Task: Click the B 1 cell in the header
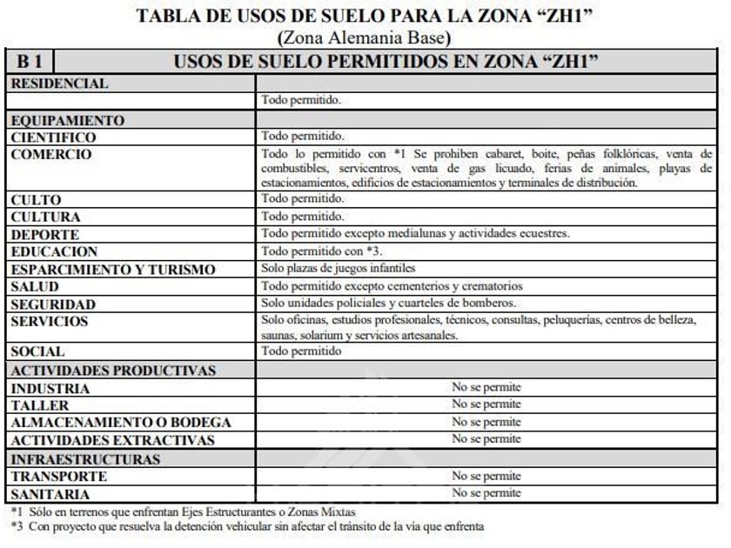pyautogui.click(x=30, y=62)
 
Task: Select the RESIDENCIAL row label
pyautogui.click(x=60, y=84)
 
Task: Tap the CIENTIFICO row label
pyautogui.click(x=54, y=137)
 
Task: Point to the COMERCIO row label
pyautogui.click(x=51, y=154)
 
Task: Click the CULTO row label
pyautogui.click(x=36, y=200)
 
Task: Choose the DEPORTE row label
pyautogui.click(x=45, y=235)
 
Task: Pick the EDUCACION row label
pyautogui.click(x=55, y=252)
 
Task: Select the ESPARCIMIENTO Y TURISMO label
pyautogui.click(x=113, y=270)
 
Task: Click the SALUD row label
pyautogui.click(x=35, y=286)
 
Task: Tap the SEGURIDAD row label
pyautogui.click(x=53, y=304)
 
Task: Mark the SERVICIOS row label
pyautogui.click(x=50, y=321)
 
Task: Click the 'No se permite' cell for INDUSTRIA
pyautogui.click(x=486, y=388)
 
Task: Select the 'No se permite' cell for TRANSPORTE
pyautogui.click(x=486, y=476)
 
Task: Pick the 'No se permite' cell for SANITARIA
pyautogui.click(x=486, y=493)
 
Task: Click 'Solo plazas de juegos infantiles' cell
pyautogui.click(x=339, y=269)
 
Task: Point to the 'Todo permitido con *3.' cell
pyautogui.click(x=310, y=251)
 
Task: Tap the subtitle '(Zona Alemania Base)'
pyautogui.click(x=364, y=38)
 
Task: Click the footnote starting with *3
pyautogui.click(x=247, y=526)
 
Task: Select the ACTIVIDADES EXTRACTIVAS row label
pyautogui.click(x=112, y=440)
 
